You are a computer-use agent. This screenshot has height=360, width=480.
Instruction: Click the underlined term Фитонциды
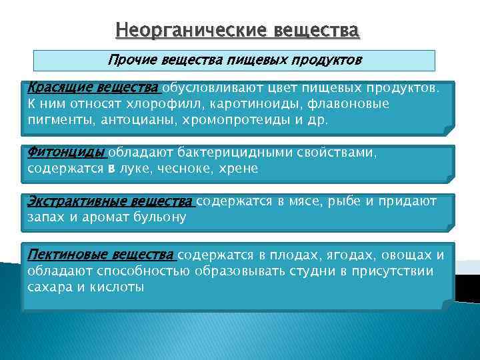click(66, 153)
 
